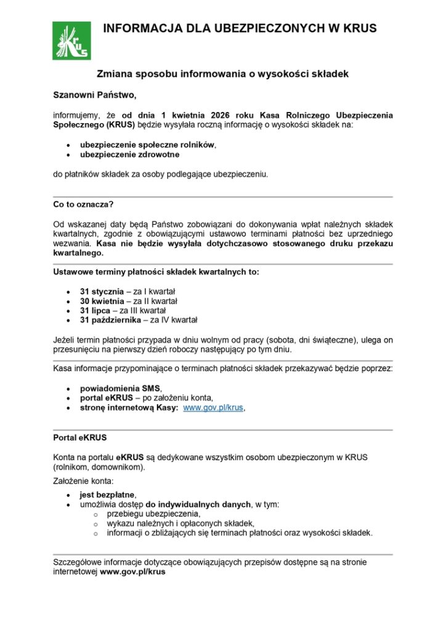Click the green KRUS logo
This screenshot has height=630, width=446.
pyautogui.click(x=71, y=41)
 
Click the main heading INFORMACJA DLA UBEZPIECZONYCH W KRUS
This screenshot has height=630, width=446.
pyautogui.click(x=240, y=28)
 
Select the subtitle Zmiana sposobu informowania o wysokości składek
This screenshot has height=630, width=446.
pyautogui.click(x=223, y=74)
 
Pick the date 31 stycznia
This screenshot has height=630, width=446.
pyautogui.click(x=102, y=291)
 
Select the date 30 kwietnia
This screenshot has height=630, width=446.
pyautogui.click(x=102, y=301)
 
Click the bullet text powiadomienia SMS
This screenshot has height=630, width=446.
pyautogui.click(x=120, y=388)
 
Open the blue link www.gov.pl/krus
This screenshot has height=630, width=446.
pyautogui.click(x=213, y=408)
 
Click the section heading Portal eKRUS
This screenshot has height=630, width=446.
pyautogui.click(x=80, y=437)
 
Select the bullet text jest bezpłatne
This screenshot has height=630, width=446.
pyautogui.click(x=107, y=495)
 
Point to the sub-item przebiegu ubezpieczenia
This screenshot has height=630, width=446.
pyautogui.click(x=153, y=514)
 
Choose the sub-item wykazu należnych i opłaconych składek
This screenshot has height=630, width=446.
pyautogui.click(x=180, y=524)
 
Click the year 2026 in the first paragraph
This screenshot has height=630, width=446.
pyautogui.click(x=221, y=115)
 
